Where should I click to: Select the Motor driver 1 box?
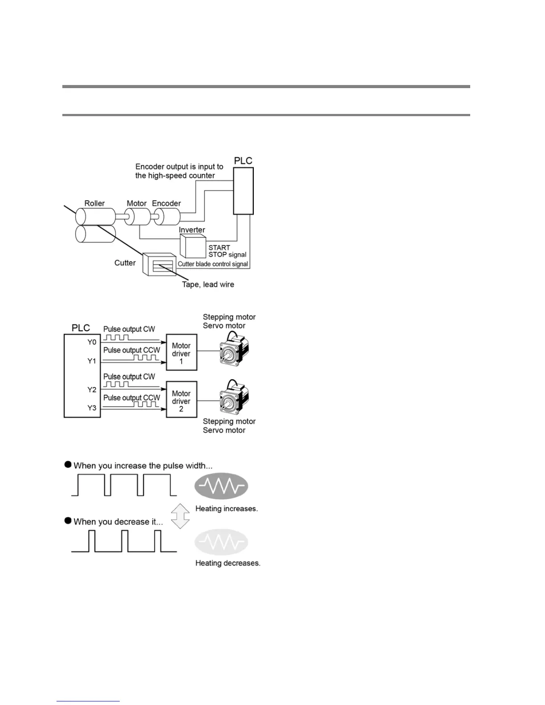[181, 352]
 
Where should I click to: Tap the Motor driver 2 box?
[181, 400]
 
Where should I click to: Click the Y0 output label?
[92, 342]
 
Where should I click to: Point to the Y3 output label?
[92, 408]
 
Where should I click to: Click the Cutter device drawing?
[159, 265]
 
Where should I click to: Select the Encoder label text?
[167, 203]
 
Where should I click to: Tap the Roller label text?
[94, 203]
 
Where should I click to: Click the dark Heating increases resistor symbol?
[221, 486]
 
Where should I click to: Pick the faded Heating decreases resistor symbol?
[221, 542]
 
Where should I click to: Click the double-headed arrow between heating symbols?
[180, 516]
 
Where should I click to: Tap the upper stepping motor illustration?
[233, 350]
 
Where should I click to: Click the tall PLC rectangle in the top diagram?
[244, 191]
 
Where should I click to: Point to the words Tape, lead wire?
[208, 284]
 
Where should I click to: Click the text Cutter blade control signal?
[213, 264]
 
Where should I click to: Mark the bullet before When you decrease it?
[68, 520]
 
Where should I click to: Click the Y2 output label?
[92, 390]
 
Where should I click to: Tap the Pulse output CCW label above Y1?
[131, 350]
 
